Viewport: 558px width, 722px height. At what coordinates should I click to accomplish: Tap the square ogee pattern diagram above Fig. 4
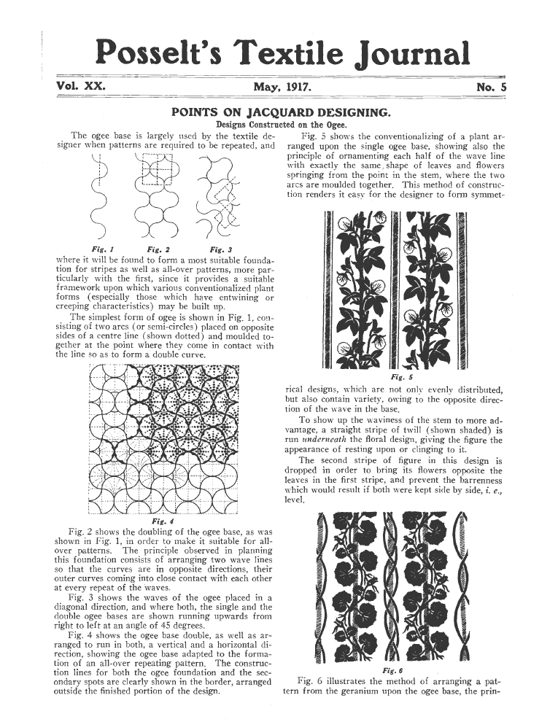(x=162, y=438)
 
